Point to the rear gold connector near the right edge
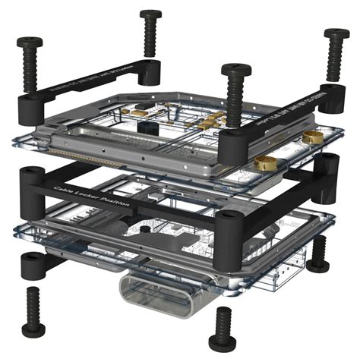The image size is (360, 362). pos(313,137)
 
